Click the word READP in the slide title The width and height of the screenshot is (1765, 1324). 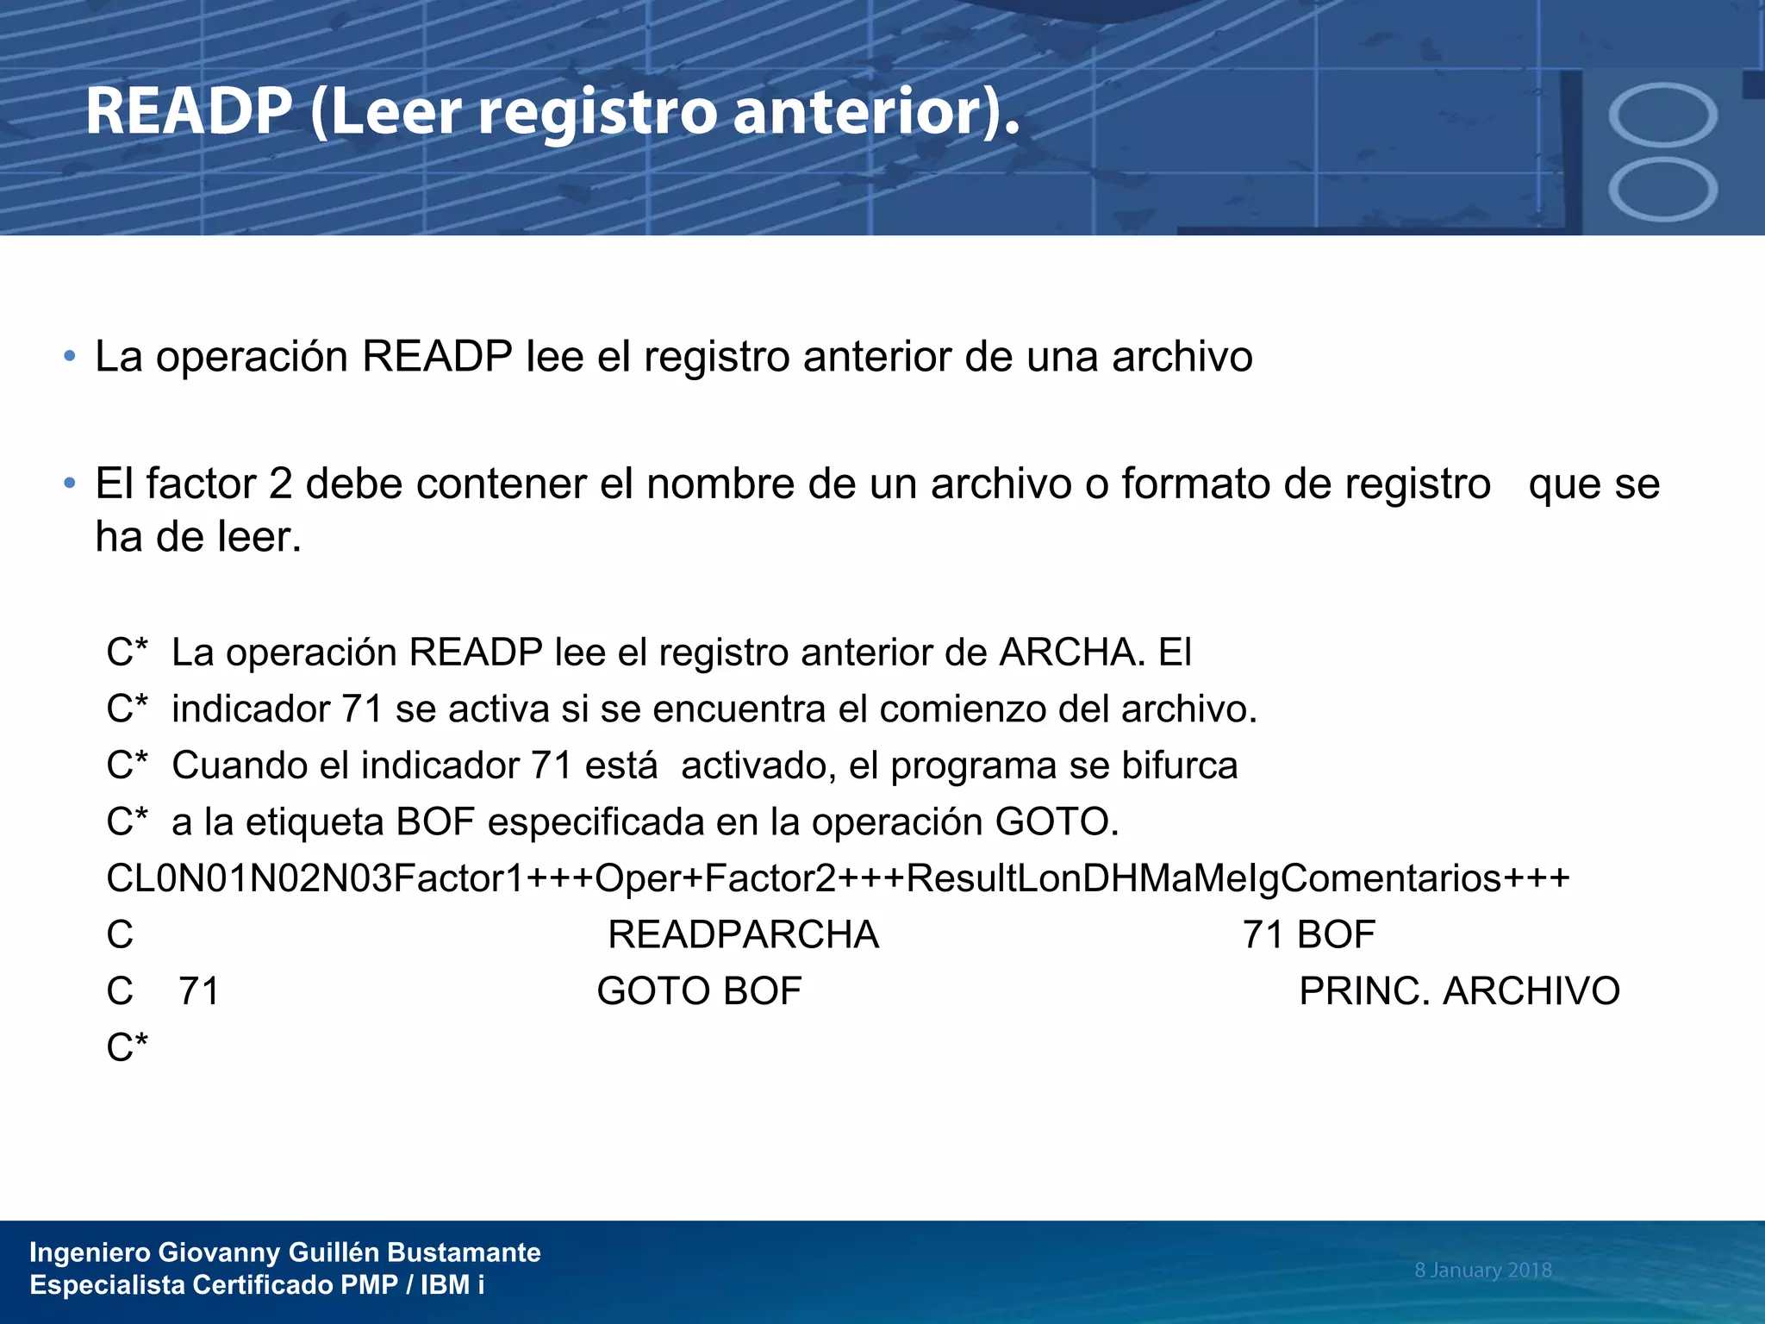(189, 112)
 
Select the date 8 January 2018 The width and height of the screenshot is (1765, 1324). (1482, 1270)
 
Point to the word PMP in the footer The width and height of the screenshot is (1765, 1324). (369, 1284)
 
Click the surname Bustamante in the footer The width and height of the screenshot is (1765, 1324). (464, 1252)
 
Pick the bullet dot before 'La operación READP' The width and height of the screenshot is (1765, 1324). (70, 357)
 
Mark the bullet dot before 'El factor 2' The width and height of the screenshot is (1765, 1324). (70, 484)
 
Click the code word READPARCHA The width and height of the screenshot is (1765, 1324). (743, 935)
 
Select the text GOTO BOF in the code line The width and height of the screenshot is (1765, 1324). (699, 991)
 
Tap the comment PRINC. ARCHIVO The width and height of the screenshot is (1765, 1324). (1459, 991)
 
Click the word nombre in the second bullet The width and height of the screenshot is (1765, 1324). (720, 484)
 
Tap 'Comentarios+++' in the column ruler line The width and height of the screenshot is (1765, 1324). (1425, 878)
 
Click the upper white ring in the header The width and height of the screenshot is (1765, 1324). (1662, 116)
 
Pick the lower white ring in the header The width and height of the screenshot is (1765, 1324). (1662, 189)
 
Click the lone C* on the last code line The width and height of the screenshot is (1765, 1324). (127, 1048)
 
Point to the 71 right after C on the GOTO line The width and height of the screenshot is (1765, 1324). (199, 991)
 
